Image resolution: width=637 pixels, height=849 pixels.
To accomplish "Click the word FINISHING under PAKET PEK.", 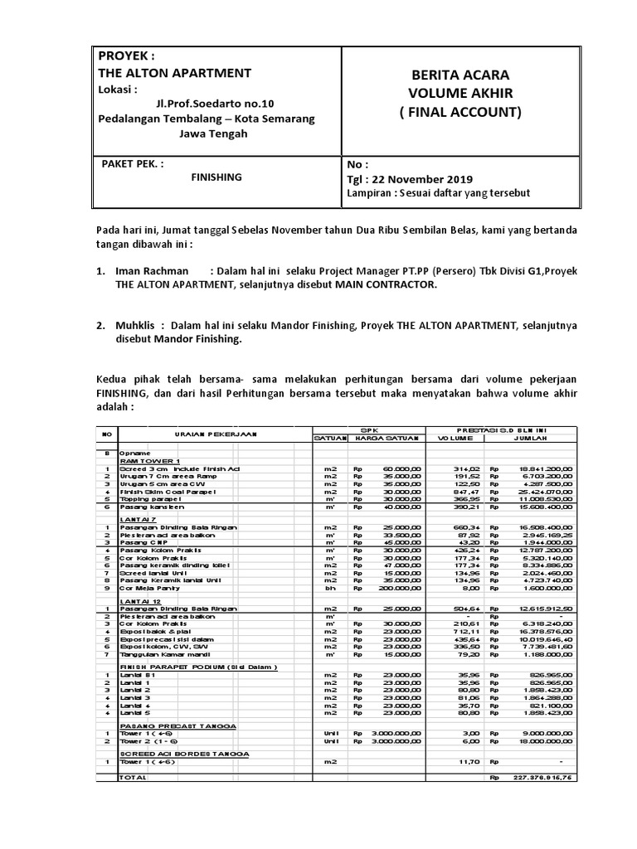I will click(x=216, y=177).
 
